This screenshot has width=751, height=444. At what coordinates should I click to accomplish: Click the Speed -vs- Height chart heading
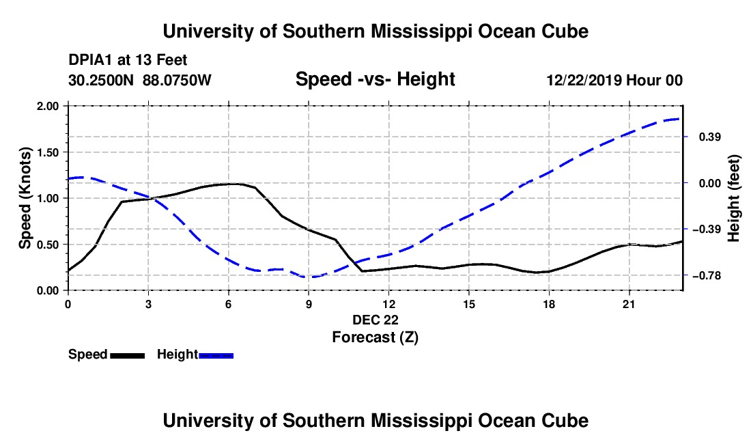pyautogui.click(x=375, y=79)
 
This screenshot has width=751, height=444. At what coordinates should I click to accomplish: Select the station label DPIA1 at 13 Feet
pyautogui.click(x=128, y=60)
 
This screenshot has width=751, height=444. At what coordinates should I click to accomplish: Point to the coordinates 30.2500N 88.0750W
pyautogui.click(x=139, y=80)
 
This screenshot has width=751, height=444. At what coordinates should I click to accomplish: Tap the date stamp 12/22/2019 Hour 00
pyautogui.click(x=614, y=80)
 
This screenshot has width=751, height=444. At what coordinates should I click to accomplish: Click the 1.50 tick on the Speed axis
pyautogui.click(x=47, y=152)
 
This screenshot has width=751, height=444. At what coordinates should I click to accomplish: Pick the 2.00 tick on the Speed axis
pyautogui.click(x=47, y=106)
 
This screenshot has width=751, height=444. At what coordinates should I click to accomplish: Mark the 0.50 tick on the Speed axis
pyautogui.click(x=47, y=245)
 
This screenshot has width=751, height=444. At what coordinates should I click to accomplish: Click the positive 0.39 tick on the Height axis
pyautogui.click(x=710, y=137)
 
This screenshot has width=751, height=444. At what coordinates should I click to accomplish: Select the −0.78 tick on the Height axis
pyautogui.click(x=706, y=275)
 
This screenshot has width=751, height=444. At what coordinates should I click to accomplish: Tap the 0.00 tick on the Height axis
pyautogui.click(x=710, y=183)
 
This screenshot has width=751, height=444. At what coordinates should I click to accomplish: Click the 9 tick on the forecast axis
pyautogui.click(x=309, y=304)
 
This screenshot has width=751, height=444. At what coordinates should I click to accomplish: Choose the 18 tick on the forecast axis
pyautogui.click(x=549, y=304)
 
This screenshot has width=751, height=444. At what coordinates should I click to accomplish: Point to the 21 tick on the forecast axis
pyautogui.click(x=629, y=304)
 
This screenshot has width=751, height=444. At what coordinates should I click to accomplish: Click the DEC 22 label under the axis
pyautogui.click(x=375, y=320)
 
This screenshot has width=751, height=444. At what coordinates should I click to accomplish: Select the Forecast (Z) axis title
pyautogui.click(x=375, y=337)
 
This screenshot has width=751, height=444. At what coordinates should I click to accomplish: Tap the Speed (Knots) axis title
pyautogui.click(x=25, y=198)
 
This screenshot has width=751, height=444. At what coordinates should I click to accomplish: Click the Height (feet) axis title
pyautogui.click(x=733, y=198)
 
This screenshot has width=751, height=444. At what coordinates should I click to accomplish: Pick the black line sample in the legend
pyautogui.click(x=128, y=355)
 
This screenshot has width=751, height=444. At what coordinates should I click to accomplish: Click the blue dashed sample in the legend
pyautogui.click(x=216, y=355)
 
